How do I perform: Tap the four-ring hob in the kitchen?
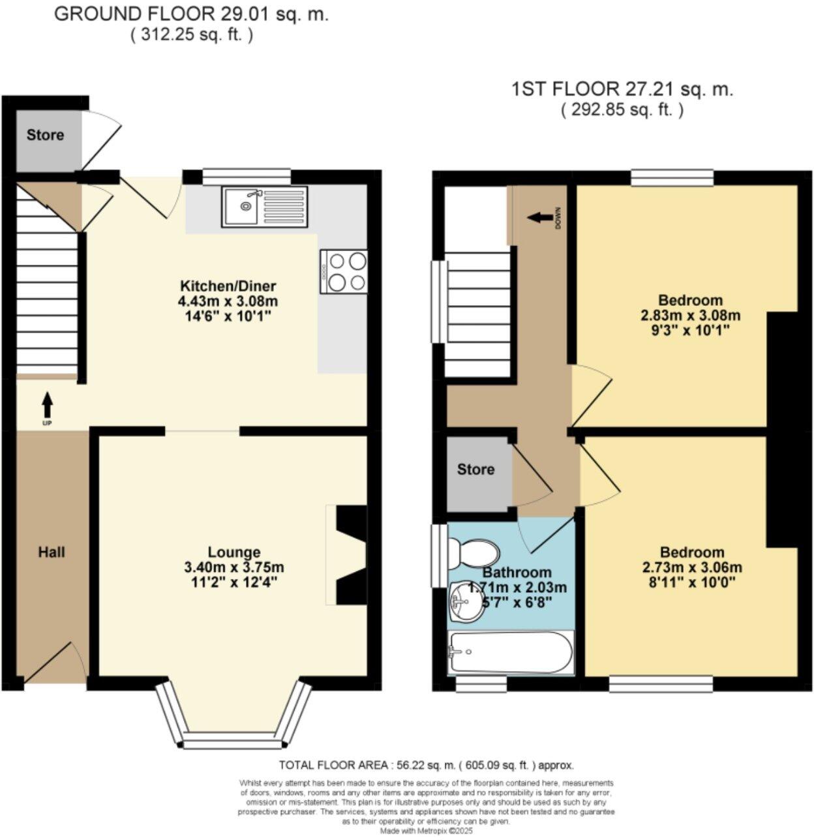coord(344,271)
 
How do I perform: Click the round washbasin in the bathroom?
coord(464,600)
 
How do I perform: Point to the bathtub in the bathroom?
coord(510,652)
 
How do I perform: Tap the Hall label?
coord(52,552)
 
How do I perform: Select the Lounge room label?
coord(234,552)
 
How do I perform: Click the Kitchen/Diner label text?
coord(228,286)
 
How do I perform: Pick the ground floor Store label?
coord(45,135)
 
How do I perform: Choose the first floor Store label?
coord(475,470)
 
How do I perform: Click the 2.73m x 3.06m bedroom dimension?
coord(691,567)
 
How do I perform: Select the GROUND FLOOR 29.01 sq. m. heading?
coord(191,15)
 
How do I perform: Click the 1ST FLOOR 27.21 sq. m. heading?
coord(622,89)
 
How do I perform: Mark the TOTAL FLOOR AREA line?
coord(426,766)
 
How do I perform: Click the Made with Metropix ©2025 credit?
coord(426,832)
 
